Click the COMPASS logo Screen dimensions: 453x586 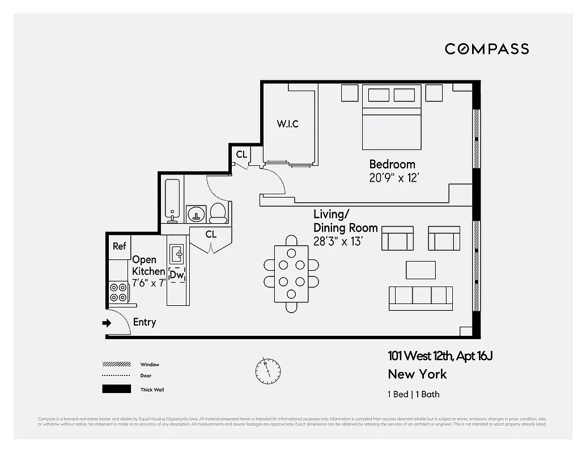(487, 49)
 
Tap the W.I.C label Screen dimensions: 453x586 (287, 124)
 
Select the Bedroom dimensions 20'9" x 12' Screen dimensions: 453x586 (394, 178)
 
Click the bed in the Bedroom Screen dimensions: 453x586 (392, 116)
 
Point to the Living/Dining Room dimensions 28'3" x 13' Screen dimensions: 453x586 (338, 242)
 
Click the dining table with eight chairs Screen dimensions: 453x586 (291, 273)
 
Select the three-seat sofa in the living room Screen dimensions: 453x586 (421, 298)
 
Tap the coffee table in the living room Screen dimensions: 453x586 (421, 270)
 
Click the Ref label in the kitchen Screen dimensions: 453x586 (119, 246)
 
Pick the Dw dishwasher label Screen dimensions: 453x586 (177, 275)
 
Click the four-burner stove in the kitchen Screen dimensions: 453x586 (118, 292)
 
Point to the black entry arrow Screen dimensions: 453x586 (107, 323)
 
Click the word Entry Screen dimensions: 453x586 (144, 322)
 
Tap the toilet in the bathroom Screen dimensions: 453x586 (218, 213)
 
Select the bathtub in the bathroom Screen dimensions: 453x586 (172, 200)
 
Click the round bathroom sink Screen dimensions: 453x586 (196, 214)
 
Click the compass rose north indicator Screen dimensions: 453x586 (267, 370)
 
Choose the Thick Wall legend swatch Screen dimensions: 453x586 (116, 389)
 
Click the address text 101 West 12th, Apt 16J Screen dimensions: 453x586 (443, 356)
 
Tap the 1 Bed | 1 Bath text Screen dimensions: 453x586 (413, 394)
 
